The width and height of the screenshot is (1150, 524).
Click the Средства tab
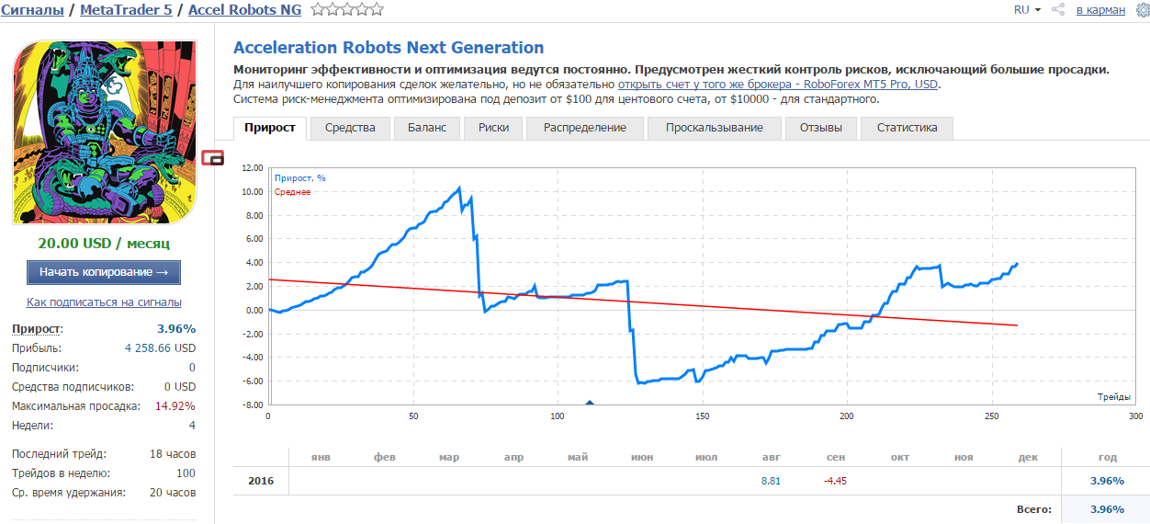click(x=350, y=128)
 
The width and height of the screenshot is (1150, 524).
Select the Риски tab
click(x=493, y=128)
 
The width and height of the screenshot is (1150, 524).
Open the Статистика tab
click(x=907, y=128)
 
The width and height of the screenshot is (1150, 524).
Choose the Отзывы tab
click(x=820, y=128)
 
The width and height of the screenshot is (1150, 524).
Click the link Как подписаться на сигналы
click(x=104, y=302)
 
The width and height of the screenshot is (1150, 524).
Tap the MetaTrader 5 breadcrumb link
click(x=126, y=10)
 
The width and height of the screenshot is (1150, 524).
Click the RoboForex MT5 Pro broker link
click(x=778, y=85)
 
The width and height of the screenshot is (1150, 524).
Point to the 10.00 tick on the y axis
click(x=252, y=192)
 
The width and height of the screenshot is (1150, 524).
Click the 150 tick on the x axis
click(x=703, y=416)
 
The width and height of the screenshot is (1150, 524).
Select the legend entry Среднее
click(x=293, y=192)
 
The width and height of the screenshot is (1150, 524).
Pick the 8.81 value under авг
click(x=771, y=482)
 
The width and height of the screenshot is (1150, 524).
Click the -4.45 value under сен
click(x=835, y=482)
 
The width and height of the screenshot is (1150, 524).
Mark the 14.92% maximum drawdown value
click(x=175, y=406)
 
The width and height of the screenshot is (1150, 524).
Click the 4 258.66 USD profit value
click(x=160, y=348)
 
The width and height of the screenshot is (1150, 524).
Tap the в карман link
click(x=1100, y=10)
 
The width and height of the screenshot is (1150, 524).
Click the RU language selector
click(x=1027, y=10)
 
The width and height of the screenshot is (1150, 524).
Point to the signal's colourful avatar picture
click(x=105, y=132)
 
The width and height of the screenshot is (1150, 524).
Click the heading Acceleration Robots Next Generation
click(x=389, y=47)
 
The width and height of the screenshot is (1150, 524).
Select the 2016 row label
click(x=261, y=482)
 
